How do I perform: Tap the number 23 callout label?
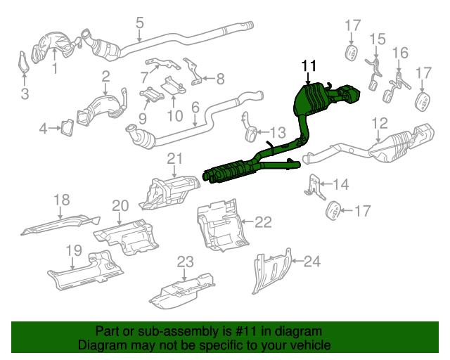[x=184, y=262]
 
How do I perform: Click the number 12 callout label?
[x=379, y=124]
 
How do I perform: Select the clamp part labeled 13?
[x=251, y=131]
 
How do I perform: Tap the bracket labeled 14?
[x=314, y=185]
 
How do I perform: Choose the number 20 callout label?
[x=120, y=205]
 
